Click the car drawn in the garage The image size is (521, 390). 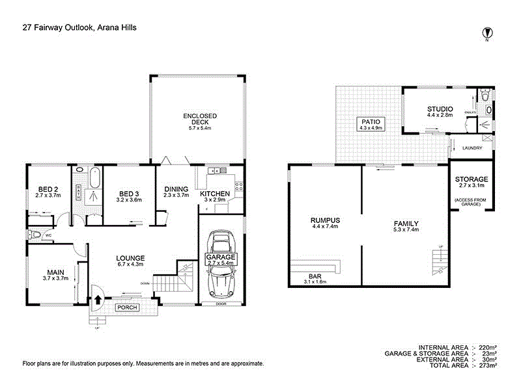tap(221, 266)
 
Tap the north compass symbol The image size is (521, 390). tap(486, 32)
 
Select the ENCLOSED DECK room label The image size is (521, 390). tap(199, 116)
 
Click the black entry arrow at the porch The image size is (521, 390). tap(98, 300)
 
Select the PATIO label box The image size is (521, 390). tap(369, 123)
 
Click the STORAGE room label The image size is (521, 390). tap(471, 179)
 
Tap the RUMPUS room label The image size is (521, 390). tap(325, 221)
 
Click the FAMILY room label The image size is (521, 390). tap(406, 221)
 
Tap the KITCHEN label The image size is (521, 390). tap(214, 194)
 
